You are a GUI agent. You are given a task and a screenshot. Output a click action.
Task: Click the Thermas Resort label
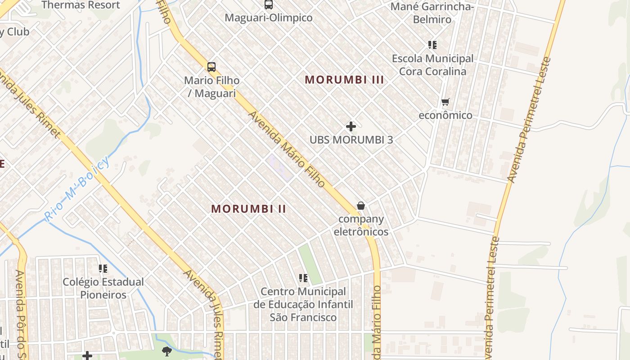point(81,5)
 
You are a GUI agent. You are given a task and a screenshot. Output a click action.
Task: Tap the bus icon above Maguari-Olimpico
point(269,4)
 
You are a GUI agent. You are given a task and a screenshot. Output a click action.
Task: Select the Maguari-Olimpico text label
point(269,18)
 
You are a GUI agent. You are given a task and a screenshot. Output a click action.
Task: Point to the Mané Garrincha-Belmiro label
point(432,13)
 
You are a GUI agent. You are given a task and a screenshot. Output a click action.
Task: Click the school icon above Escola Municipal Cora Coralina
point(432,45)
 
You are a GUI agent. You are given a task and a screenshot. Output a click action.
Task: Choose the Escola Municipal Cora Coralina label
point(432,65)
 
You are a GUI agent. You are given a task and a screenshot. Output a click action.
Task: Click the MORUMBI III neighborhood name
point(344,80)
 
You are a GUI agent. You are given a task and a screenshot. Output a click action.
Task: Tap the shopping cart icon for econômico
point(445,102)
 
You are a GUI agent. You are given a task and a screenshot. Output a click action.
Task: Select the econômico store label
point(445,115)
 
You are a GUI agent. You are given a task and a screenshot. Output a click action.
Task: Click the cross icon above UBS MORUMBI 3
point(351,126)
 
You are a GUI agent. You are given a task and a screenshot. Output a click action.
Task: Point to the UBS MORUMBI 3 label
point(351,139)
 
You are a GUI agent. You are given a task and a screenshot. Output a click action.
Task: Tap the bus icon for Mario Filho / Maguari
point(211,67)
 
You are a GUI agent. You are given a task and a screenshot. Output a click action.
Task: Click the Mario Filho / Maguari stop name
point(211,87)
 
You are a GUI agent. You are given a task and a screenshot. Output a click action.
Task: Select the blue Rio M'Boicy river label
point(77,189)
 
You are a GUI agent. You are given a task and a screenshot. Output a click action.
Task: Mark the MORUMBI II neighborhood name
point(249,209)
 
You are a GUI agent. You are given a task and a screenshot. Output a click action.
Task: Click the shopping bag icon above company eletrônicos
point(361,206)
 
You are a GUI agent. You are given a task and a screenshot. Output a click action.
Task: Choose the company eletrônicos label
point(361,225)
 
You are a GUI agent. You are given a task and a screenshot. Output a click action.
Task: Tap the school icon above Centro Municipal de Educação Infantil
point(303,278)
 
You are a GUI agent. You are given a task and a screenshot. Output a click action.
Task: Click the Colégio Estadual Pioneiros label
point(103,288)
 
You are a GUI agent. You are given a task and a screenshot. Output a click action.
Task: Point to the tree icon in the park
point(167,351)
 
